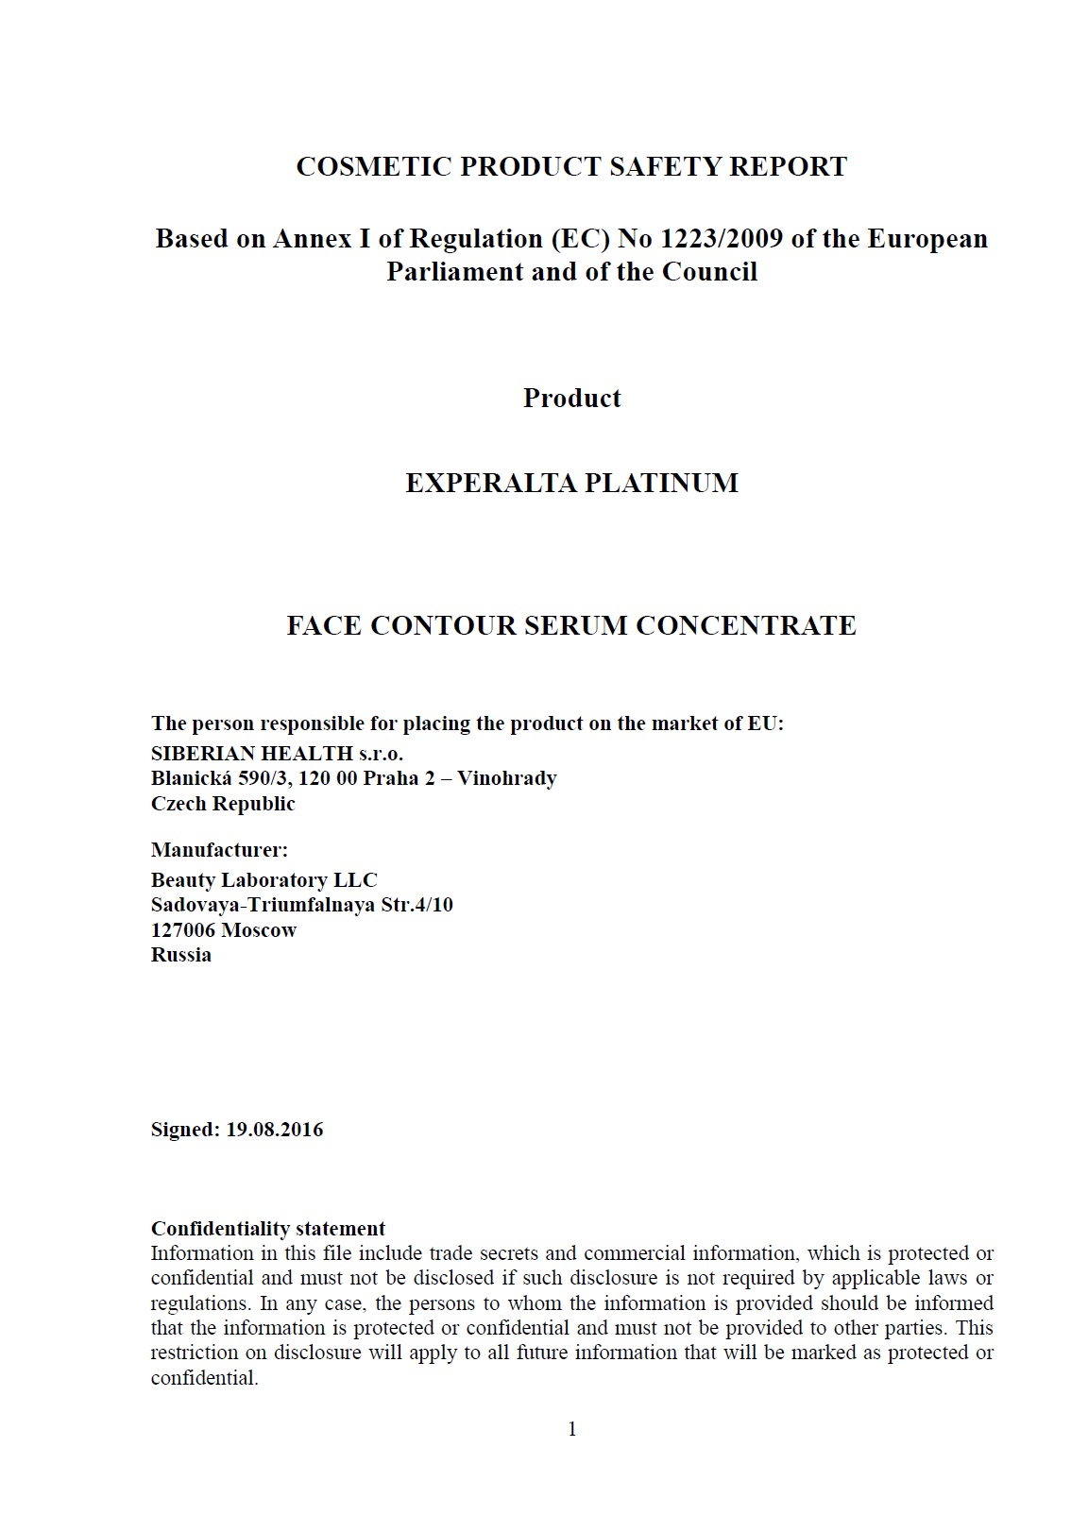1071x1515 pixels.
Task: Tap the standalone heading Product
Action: (571, 398)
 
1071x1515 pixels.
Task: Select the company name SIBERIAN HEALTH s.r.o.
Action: (277, 754)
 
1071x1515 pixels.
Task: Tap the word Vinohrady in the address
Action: (507, 778)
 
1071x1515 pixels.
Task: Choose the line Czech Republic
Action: (223, 804)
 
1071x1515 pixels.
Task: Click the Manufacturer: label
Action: (219, 850)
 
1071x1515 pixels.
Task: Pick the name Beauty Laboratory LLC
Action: (263, 880)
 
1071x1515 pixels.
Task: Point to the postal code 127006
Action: (183, 930)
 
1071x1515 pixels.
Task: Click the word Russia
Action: (180, 955)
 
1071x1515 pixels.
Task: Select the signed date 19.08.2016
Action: (274, 1130)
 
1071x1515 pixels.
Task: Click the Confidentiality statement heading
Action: (268, 1229)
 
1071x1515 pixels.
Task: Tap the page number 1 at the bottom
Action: (571, 1429)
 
